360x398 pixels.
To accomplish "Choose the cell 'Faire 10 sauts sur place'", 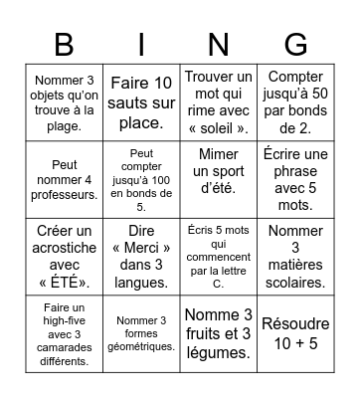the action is (141, 102).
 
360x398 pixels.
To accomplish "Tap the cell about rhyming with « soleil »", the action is (219, 102).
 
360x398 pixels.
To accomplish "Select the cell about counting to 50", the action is (296, 102).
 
